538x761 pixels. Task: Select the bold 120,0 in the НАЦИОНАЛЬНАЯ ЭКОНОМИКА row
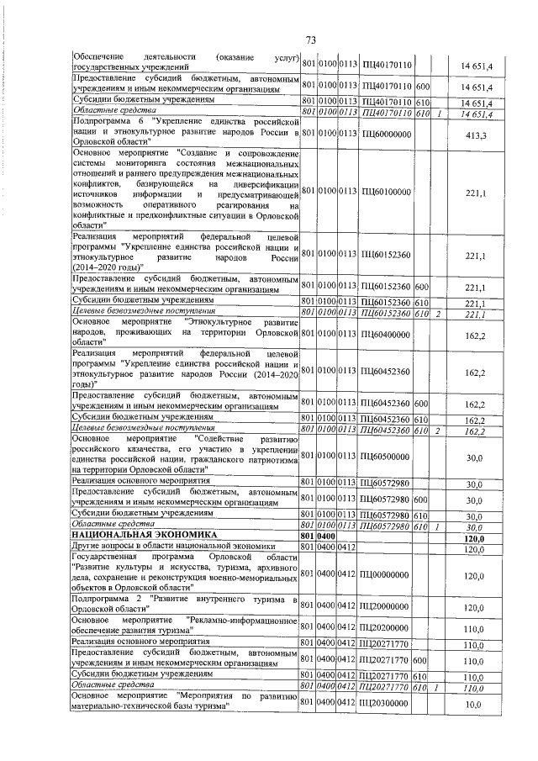pyautogui.click(x=476, y=536)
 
